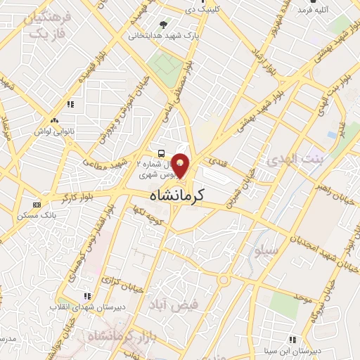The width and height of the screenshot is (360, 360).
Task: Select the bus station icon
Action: coord(162,153)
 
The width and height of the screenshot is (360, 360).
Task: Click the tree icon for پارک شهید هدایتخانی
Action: coord(164,25)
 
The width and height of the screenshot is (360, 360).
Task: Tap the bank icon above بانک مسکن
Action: coord(37,205)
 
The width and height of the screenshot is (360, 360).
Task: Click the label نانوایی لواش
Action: coord(71,120)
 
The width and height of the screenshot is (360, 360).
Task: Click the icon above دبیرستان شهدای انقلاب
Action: coord(86,297)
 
